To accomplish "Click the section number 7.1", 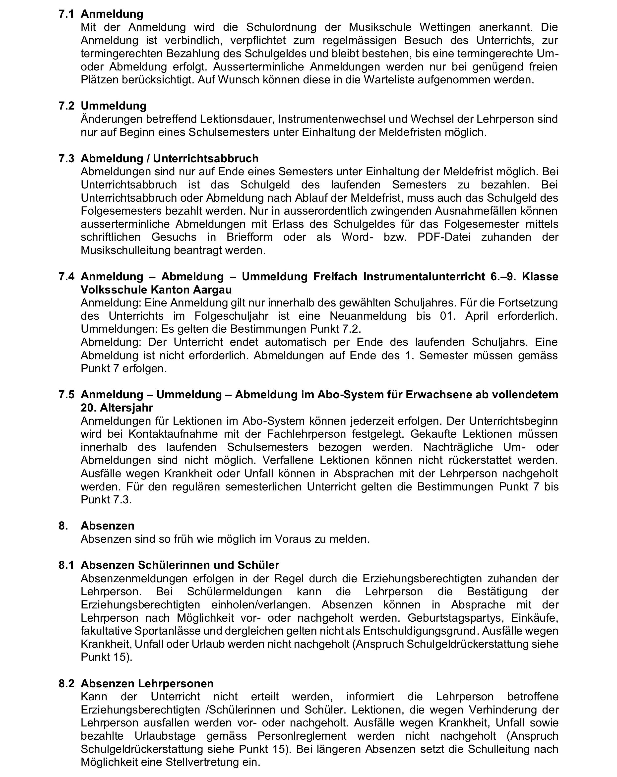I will (66, 14).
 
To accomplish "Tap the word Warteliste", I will (389, 80).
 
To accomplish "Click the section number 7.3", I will (66, 159).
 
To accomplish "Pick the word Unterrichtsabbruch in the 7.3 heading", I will (206, 159).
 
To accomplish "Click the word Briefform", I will (249, 237).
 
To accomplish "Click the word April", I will (477, 316).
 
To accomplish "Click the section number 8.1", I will (66, 565).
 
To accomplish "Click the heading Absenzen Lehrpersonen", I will (147, 683).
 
